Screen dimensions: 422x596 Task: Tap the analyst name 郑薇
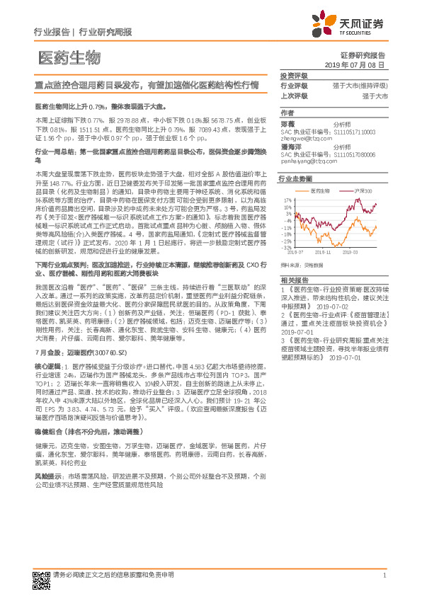pos(287,122)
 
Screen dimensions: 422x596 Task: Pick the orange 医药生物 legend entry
pos(320,191)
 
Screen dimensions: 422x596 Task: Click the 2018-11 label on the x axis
pos(324,251)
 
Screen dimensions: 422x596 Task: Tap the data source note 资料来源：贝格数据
pos(301,264)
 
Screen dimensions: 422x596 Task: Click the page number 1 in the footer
pos(384,575)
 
